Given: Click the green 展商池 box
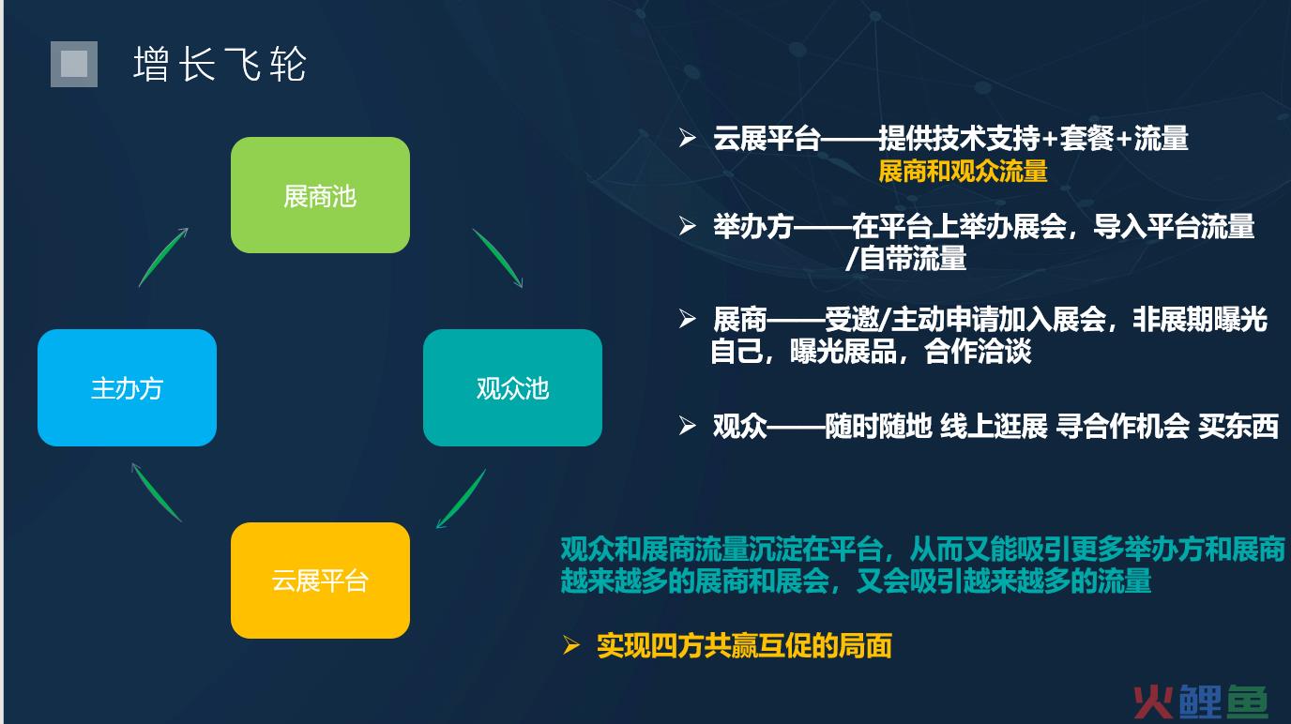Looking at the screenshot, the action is click(320, 195).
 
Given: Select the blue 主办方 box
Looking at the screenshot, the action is click(127, 387).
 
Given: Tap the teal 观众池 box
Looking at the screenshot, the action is click(512, 387).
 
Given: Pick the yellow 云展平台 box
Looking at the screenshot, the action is click(320, 580).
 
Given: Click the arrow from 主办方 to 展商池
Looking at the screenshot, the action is click(163, 256).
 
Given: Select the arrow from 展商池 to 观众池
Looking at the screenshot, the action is click(498, 257).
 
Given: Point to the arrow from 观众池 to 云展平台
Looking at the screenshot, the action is click(461, 499).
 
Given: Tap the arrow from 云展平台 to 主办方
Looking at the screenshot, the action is click(156, 491).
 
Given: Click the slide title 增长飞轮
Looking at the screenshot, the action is click(220, 64).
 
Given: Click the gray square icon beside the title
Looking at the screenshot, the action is click(74, 64).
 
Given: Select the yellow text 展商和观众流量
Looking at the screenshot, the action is click(963, 171).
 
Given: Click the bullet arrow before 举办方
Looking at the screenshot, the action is click(687, 225).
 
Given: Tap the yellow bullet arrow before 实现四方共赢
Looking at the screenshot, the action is click(570, 645).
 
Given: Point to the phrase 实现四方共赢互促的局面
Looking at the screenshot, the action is click(744, 645).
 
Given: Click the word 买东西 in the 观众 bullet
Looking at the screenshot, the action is click(1238, 426).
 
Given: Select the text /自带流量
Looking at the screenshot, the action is click(905, 258).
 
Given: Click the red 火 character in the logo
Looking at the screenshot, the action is click(1153, 702).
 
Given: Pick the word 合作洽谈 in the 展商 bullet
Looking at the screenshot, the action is click(978, 352).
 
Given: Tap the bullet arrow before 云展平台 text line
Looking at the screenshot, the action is click(687, 137).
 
